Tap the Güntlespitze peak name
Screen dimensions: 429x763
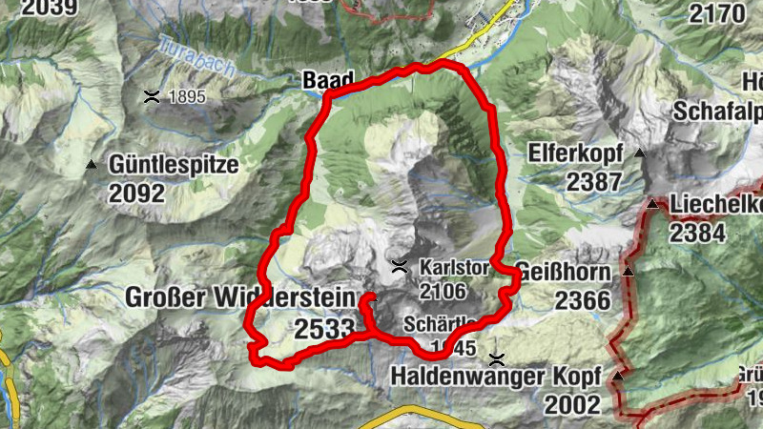173,164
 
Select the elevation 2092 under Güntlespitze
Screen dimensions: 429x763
136,194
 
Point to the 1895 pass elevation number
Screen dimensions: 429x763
187,96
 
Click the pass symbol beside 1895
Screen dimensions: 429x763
152,95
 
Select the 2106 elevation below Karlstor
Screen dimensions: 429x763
442,290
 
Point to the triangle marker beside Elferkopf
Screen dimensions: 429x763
640,153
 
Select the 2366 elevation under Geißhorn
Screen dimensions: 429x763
583,299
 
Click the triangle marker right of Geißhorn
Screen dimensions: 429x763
629,272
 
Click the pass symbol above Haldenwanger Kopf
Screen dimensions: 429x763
496,359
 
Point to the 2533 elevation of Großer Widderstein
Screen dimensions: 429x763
325,330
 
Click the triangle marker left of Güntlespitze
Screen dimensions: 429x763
92,165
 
